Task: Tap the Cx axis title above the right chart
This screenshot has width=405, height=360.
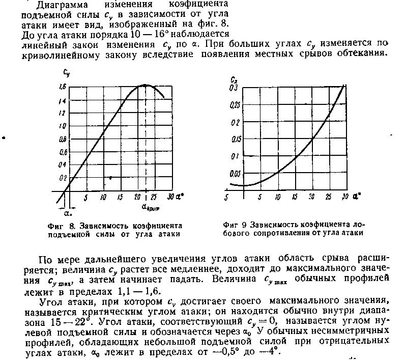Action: [233, 80]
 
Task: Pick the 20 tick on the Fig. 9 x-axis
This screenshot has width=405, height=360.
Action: [311, 198]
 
